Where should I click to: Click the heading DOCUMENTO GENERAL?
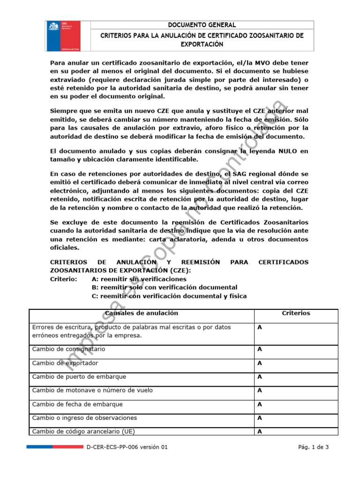pyautogui.click(x=202, y=25)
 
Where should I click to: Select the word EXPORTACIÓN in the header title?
pyautogui.click(x=202, y=44)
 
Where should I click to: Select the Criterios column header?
pyautogui.click(x=295, y=313)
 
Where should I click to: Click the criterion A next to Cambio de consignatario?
pyautogui.click(x=259, y=349)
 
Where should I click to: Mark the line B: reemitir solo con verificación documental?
pyautogui.click(x=164, y=287)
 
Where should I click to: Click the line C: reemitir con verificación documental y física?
pyautogui.click(x=169, y=296)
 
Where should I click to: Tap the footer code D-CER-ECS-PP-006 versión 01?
pyautogui.click(x=127, y=447)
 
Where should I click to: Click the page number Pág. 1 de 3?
pyautogui.click(x=313, y=447)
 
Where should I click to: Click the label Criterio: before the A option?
pyautogui.click(x=63, y=279)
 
